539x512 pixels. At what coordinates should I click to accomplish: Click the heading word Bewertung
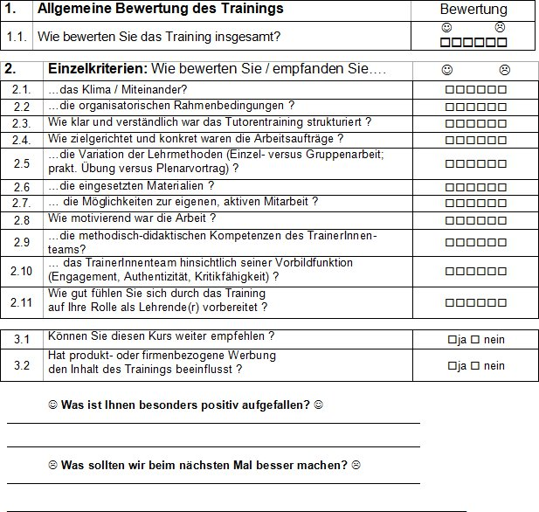(x=473, y=10)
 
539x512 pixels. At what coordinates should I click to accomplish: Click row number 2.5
(x=22, y=163)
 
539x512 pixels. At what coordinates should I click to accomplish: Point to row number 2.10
(x=22, y=271)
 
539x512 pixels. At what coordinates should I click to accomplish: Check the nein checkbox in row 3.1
(x=476, y=339)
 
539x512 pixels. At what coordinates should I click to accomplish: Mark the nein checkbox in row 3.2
(x=476, y=366)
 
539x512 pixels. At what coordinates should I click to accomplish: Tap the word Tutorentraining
(x=235, y=122)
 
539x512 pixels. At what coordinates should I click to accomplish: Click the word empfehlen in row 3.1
(x=232, y=336)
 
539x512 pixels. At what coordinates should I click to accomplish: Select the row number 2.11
(x=22, y=302)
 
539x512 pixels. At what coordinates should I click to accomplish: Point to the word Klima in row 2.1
(x=95, y=90)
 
